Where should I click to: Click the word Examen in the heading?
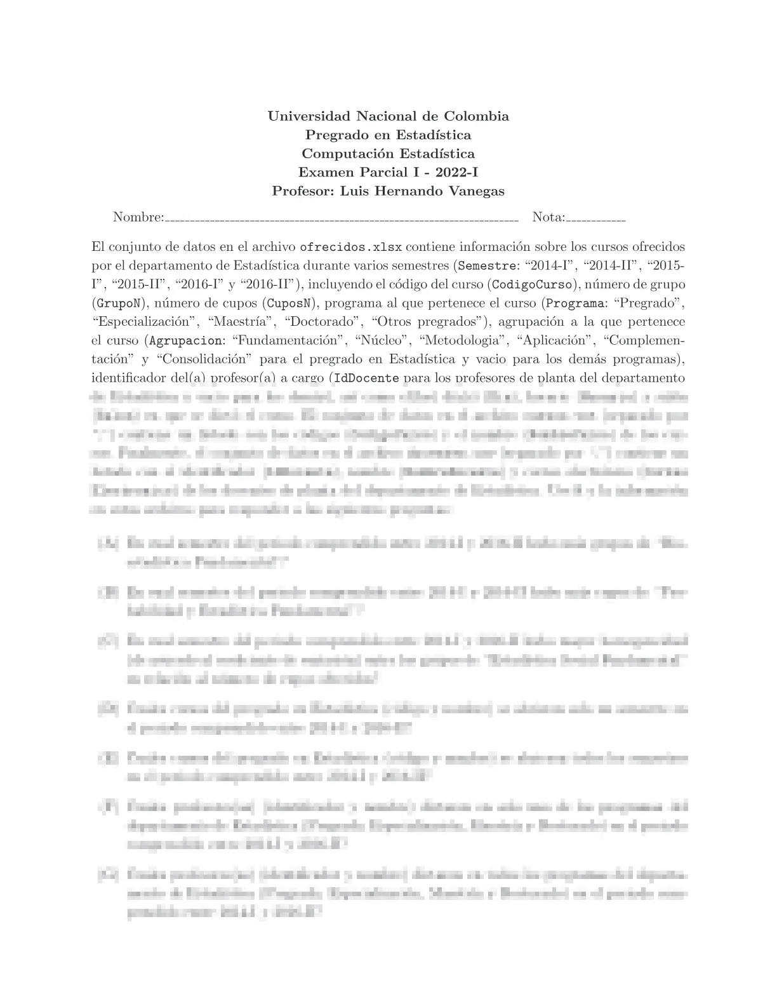322,172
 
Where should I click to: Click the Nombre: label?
138,217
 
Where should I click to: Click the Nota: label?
548,217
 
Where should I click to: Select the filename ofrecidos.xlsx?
350,246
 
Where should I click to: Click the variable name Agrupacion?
185,340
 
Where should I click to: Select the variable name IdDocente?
366,378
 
